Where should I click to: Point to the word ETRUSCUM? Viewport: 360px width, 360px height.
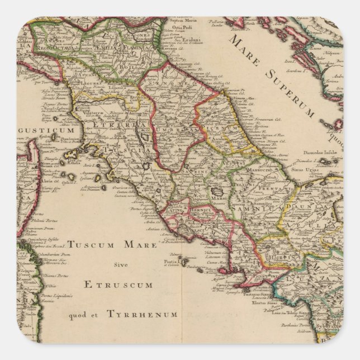tap(119, 285)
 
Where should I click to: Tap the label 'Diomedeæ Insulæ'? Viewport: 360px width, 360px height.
tap(319, 155)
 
